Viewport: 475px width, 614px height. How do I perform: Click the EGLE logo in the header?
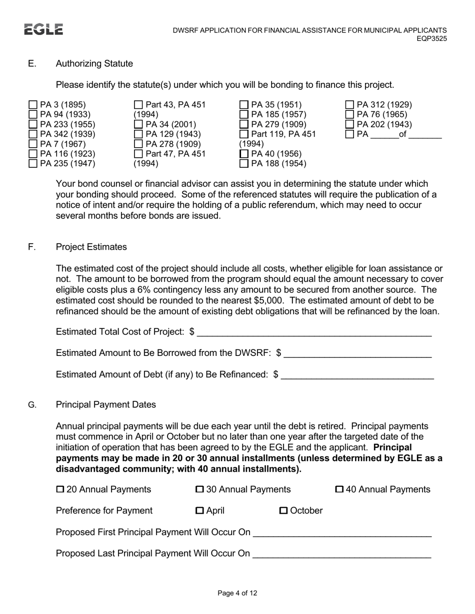pos(43,29)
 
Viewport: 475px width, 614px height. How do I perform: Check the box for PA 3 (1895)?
pos(33,105)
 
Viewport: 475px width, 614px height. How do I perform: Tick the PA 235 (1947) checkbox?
pos(33,163)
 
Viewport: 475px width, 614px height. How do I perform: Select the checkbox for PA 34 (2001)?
pos(138,124)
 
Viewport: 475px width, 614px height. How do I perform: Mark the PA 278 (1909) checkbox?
pos(138,144)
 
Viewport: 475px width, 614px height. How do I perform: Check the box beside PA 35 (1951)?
pos(244,105)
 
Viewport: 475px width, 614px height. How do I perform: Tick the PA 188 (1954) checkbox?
pos(244,163)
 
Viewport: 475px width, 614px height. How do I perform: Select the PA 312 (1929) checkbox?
pos(350,105)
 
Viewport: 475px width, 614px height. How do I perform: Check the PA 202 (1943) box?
pos(350,124)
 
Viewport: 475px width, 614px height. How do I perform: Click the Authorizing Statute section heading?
pos(94,63)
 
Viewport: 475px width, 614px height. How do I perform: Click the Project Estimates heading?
pos(91,247)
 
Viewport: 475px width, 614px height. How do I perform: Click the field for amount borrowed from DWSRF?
pos(357,353)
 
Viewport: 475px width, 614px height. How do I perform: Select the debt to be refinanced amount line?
pos(357,374)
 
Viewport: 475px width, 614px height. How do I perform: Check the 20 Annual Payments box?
pos(60,489)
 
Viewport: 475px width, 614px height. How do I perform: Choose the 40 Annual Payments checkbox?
pos(339,489)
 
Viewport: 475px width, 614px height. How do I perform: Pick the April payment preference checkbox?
pos(199,511)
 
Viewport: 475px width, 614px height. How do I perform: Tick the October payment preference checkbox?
pos(283,511)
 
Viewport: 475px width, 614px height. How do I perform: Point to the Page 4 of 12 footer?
pos(237,593)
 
